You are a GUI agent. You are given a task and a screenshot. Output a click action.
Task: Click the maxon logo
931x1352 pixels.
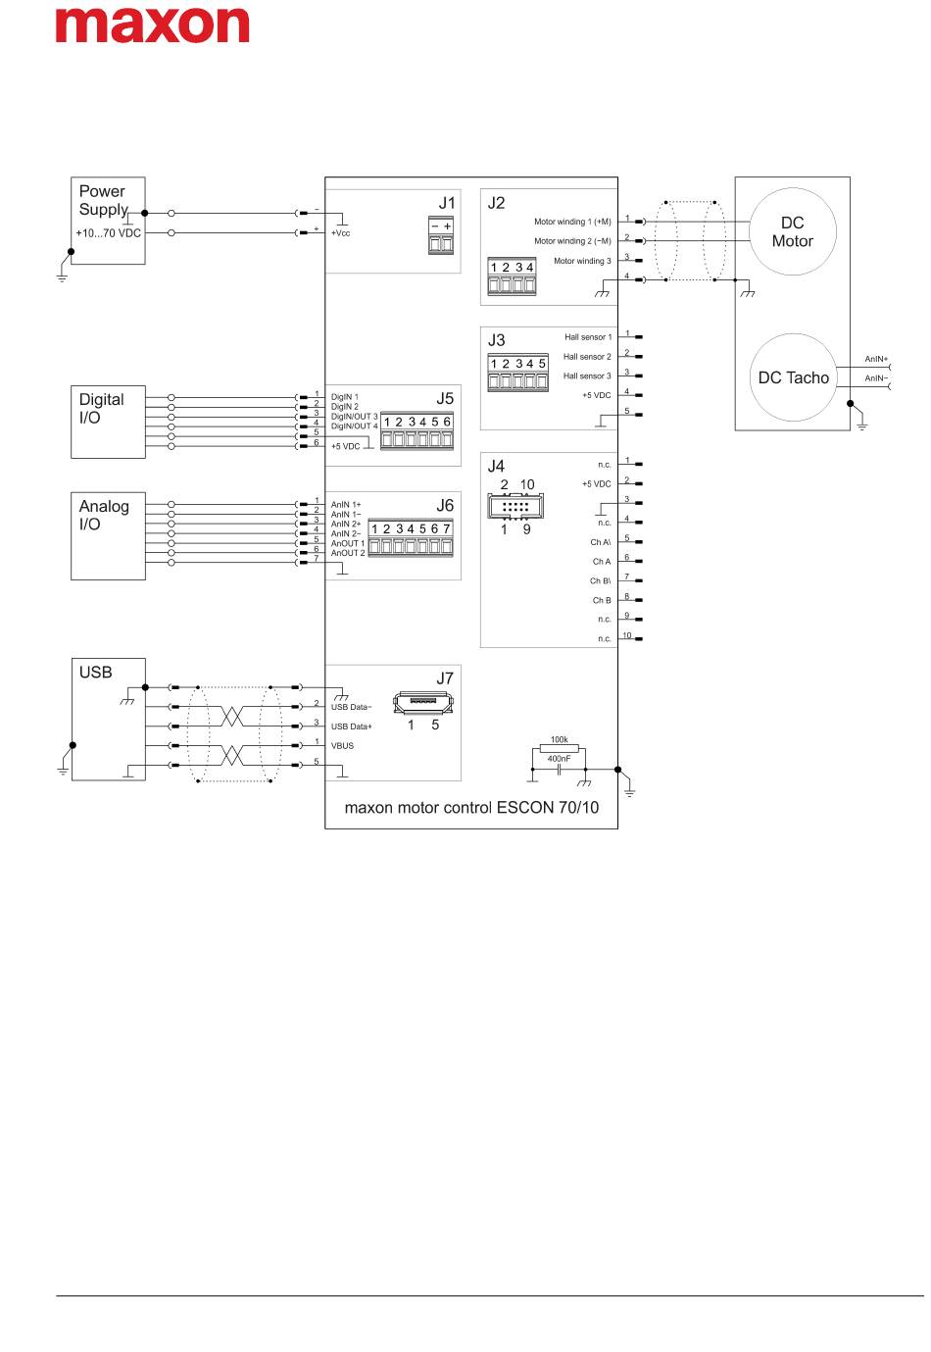[152, 25]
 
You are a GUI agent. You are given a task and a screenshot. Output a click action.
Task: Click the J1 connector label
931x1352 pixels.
[447, 203]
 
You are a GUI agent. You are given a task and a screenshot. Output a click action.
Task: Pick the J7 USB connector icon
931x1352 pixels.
[423, 703]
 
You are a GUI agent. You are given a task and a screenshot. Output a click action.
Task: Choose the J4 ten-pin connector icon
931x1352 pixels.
[515, 506]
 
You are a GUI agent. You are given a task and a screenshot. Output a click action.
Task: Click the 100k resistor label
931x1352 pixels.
[559, 739]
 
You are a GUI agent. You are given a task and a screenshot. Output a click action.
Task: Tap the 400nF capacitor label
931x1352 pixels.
[559, 759]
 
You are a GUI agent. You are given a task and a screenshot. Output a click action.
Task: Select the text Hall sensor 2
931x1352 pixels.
[587, 357]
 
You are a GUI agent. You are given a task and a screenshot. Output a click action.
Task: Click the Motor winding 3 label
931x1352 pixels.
[582, 261]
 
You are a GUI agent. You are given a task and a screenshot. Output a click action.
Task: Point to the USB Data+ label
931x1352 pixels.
[351, 726]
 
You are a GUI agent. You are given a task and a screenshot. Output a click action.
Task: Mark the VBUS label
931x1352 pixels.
[342, 745]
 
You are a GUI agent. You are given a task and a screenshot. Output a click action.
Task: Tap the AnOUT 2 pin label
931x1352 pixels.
[348, 553]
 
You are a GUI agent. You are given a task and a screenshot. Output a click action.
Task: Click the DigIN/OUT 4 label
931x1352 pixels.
[354, 426]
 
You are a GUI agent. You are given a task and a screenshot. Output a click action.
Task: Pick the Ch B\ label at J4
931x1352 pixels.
[601, 580]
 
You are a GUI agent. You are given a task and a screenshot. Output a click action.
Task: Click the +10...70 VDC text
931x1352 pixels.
[108, 233]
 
